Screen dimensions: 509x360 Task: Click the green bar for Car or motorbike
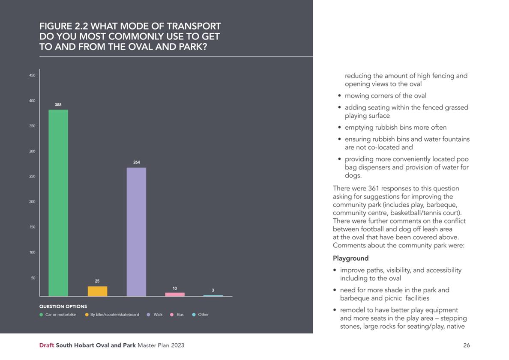pos(58,203)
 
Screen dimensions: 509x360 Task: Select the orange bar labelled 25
pos(97,291)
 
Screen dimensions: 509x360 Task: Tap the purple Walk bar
pos(136,232)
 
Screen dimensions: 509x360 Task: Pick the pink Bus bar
pos(175,295)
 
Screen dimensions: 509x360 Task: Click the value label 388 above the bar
pos(58,105)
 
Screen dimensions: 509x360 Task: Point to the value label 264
pos(137,162)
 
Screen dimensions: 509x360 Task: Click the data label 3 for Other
pos(213,290)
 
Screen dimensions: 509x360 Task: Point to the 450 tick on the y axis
pos(32,75)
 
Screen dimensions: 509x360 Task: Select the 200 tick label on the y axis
pos(32,202)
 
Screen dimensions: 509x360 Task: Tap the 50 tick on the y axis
pos(33,278)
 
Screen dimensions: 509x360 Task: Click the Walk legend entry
pos(155,315)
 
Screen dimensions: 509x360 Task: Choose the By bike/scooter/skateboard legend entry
pos(112,315)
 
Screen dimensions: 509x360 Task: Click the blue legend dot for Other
pos(194,315)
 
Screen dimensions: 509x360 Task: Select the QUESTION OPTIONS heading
pos(63,306)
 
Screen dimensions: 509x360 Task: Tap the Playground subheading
pos(350,259)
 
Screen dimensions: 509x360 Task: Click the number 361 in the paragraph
pos(374,188)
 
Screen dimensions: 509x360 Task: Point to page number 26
pos(467,345)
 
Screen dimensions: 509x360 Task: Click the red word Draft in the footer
pos(46,345)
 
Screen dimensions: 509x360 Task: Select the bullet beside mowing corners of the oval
pos(339,96)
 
